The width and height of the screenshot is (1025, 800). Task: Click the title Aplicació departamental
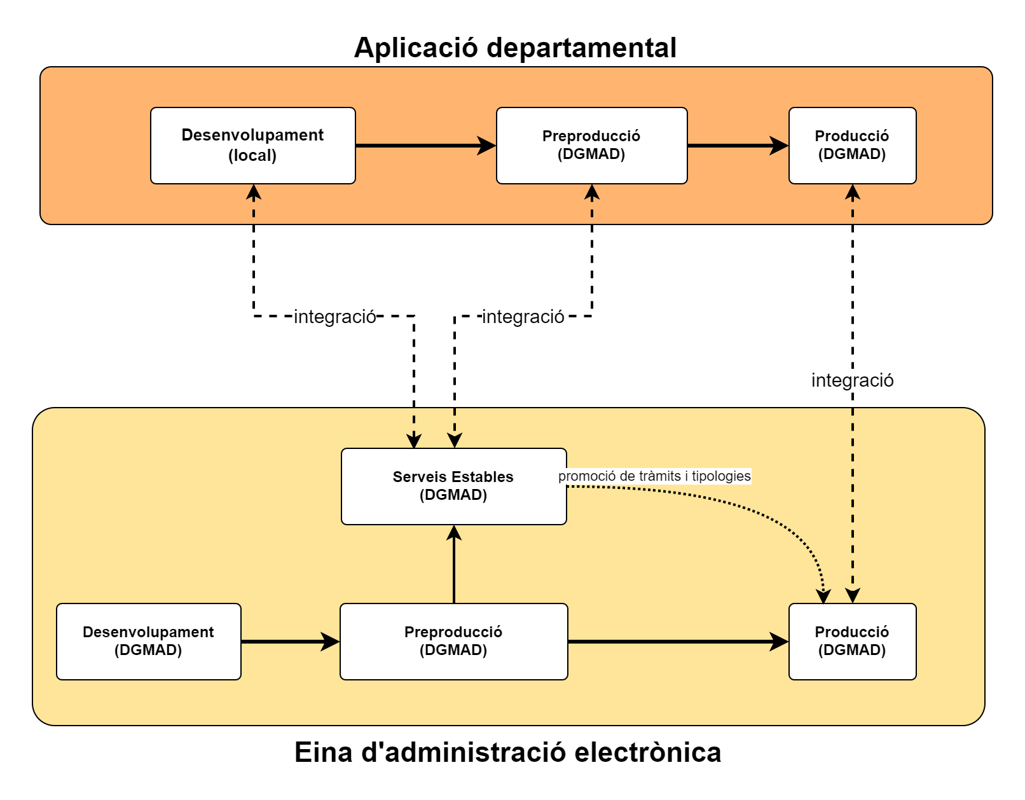click(x=515, y=48)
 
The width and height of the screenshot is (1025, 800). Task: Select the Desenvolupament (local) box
click(x=252, y=146)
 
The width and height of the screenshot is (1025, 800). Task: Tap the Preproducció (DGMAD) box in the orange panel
click(x=591, y=146)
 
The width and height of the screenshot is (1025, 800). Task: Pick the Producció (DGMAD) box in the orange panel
click(x=852, y=146)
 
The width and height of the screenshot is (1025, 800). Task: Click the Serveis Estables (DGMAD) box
click(x=453, y=486)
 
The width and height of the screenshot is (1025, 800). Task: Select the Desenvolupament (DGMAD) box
click(x=148, y=642)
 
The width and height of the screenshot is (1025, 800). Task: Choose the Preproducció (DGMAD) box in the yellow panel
click(x=453, y=642)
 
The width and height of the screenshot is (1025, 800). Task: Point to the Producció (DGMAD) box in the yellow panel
click(x=852, y=642)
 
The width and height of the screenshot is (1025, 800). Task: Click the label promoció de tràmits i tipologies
click(x=654, y=476)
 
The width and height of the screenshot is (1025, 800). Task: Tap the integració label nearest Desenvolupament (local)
click(x=335, y=317)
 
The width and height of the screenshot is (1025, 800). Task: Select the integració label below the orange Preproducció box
click(x=523, y=317)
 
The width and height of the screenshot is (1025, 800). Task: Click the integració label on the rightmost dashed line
click(x=852, y=380)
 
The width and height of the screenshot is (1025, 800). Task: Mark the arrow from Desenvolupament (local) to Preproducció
click(x=425, y=146)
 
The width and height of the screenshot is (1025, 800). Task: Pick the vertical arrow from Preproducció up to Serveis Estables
click(x=454, y=565)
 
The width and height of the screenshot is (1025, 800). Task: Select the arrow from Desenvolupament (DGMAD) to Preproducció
click(x=289, y=642)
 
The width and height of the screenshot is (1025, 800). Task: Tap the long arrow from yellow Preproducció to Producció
click(x=677, y=642)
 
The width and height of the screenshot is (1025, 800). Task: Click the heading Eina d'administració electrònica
click(x=507, y=752)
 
